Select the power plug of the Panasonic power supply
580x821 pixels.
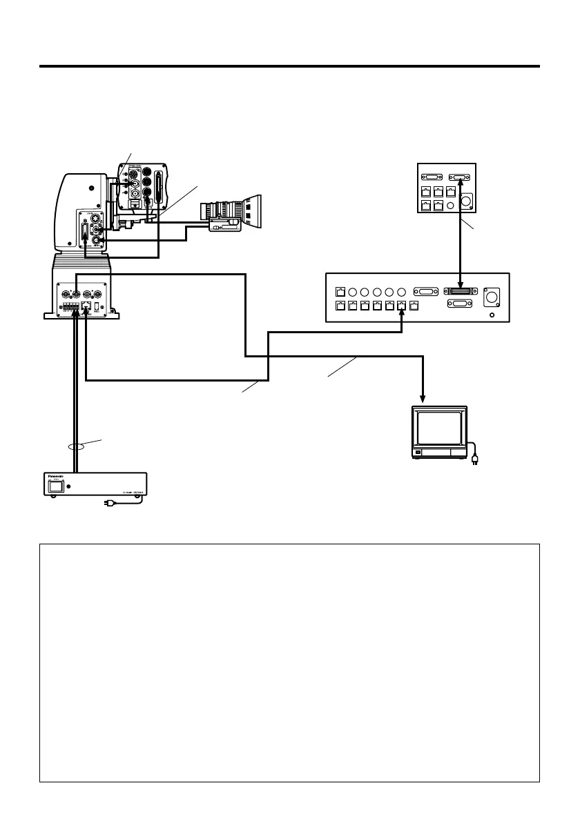tap(106, 504)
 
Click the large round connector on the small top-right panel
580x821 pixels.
tap(465, 201)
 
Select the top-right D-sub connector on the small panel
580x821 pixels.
tap(459, 176)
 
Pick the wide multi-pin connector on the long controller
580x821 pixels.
tap(461, 292)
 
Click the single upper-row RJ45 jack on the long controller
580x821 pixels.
tap(340, 292)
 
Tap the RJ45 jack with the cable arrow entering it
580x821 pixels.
tap(402, 306)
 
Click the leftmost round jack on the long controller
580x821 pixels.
tap(354, 292)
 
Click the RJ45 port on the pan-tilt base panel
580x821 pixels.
tap(86, 304)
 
